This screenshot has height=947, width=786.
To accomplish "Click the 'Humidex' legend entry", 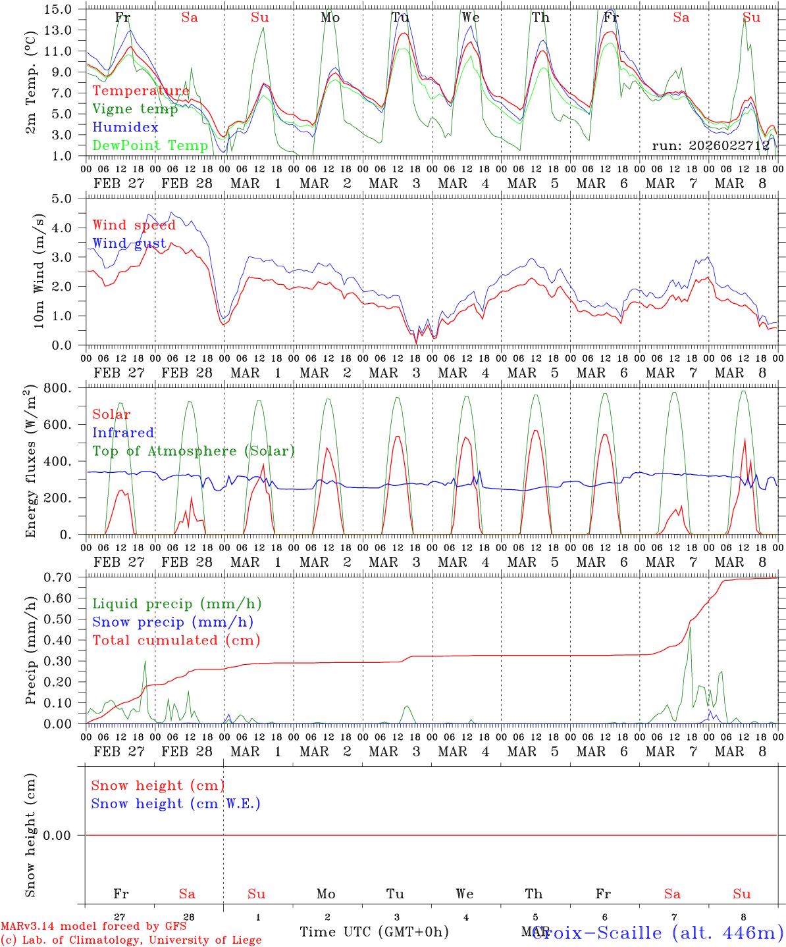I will (x=125, y=128).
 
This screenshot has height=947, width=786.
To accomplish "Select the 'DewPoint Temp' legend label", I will (x=150, y=145).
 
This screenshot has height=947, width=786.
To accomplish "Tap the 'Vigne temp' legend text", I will (x=135, y=109).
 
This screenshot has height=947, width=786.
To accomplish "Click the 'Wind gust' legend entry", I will (x=129, y=243).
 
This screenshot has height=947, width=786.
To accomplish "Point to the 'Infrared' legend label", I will (x=123, y=433).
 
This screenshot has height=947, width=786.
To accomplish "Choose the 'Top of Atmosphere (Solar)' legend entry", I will (x=193, y=451).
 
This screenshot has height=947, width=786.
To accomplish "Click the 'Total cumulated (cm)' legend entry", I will (x=176, y=640).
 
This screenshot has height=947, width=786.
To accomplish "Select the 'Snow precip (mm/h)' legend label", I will (x=172, y=622).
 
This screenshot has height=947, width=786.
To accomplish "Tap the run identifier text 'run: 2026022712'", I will (x=710, y=145).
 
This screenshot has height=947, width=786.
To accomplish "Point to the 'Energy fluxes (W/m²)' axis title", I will (x=30, y=462).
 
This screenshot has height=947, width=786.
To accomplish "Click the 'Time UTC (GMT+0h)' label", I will (x=374, y=932).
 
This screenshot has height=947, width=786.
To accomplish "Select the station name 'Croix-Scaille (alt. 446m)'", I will (x=657, y=932).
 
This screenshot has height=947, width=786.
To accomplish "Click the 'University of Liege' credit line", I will (x=131, y=940).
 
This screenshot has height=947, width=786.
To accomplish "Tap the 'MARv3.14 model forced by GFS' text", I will (x=93, y=926).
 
